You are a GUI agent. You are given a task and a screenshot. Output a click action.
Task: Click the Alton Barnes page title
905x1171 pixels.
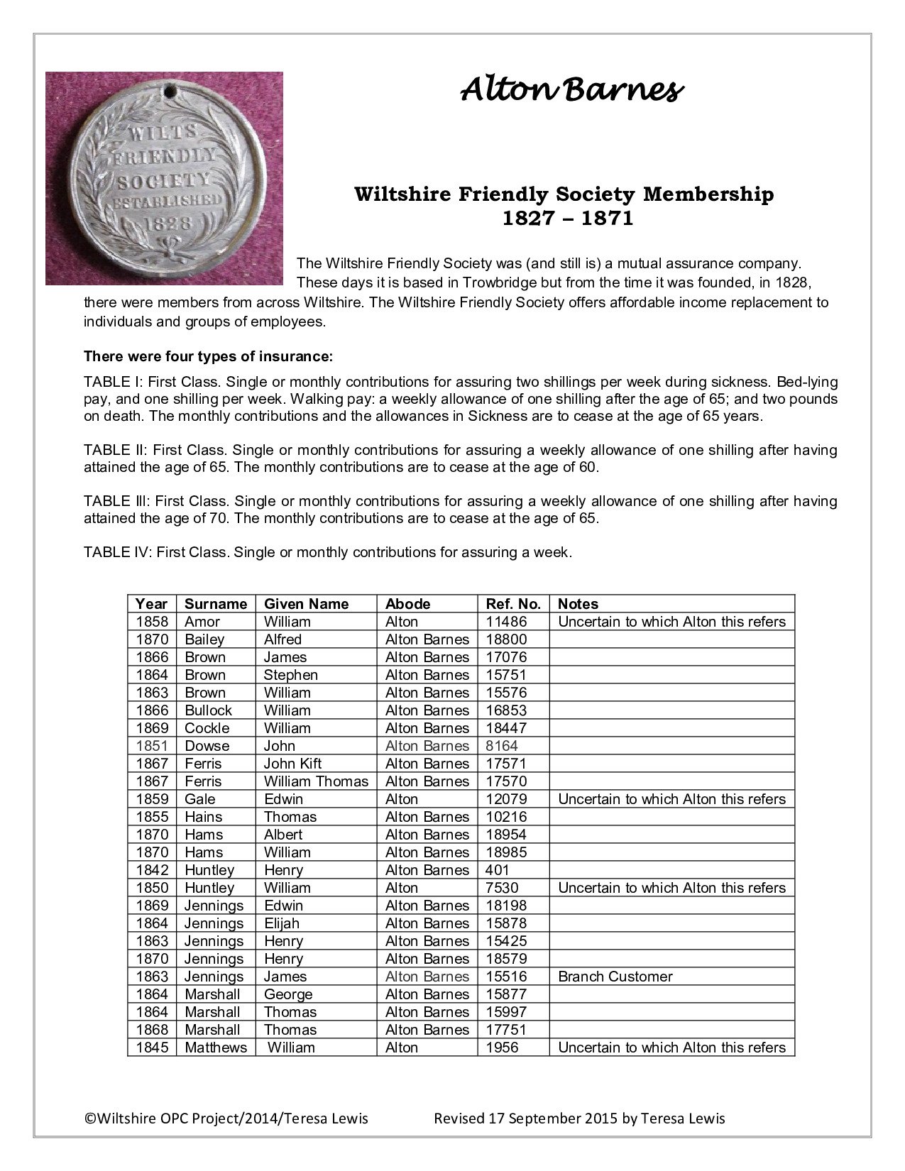pos(572,90)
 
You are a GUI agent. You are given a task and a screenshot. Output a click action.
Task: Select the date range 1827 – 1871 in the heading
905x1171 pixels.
pos(567,219)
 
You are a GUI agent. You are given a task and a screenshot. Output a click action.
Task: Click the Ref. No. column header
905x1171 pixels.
pos(513,604)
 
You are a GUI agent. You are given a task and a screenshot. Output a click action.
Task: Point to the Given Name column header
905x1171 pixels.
pos(306,604)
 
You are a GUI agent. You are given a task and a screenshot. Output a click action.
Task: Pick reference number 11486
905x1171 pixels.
pos(507,622)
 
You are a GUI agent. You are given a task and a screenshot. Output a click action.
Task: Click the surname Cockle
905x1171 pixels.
pos(207,728)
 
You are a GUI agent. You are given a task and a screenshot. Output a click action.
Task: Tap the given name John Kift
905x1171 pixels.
pos(292,764)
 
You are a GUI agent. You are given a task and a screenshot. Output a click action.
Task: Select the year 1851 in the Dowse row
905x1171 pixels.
pos(152,746)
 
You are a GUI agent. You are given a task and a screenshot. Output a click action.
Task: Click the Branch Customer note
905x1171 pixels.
pos(615,977)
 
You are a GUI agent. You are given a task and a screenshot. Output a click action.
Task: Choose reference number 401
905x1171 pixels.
pos(498,870)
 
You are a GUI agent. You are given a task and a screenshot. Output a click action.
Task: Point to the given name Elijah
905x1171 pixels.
pos(282,923)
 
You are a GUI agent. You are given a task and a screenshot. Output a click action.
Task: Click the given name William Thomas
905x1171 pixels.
pos(316,781)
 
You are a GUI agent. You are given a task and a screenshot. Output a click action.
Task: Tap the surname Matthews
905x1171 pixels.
pos(216,1048)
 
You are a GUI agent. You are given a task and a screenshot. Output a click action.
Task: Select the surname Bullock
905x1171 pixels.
pos(208,710)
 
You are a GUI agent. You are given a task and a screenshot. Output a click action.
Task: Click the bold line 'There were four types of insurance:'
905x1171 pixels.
pos(208,356)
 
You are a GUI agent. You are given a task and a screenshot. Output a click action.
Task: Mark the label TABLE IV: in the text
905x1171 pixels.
pos(117,552)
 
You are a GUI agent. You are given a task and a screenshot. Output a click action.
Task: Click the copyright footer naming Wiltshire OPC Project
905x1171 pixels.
pos(226,1118)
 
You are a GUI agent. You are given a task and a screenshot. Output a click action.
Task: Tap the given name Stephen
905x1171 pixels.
pos(290,675)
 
